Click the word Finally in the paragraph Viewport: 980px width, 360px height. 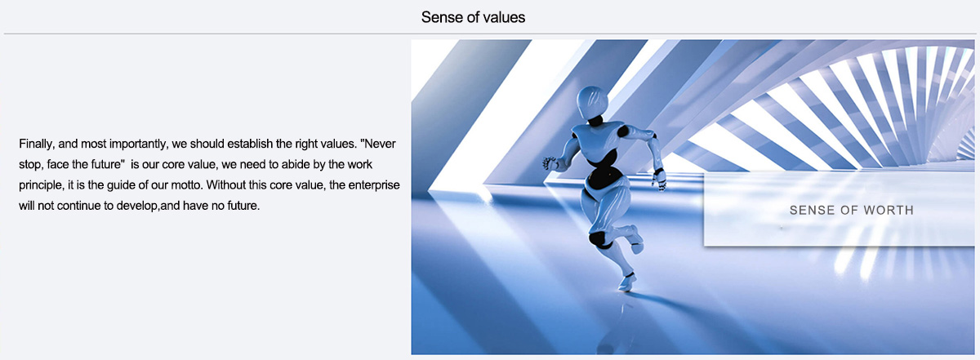[x=36, y=144]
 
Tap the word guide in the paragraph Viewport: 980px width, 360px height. [x=120, y=185]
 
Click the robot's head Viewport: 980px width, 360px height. [x=592, y=101]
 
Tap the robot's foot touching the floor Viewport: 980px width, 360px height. [x=626, y=283]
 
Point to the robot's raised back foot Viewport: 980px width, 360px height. [x=636, y=239]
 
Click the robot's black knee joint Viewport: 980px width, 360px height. [x=598, y=240]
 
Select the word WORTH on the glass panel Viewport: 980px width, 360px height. [x=889, y=211]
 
